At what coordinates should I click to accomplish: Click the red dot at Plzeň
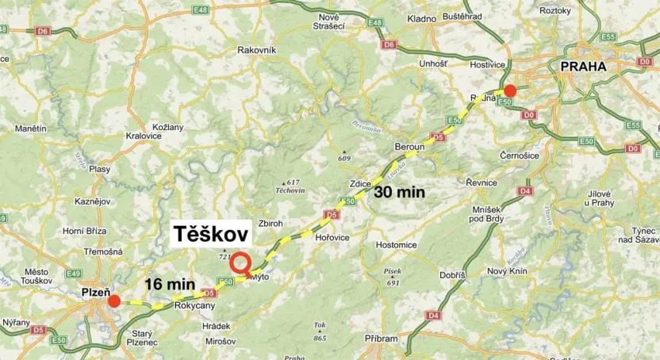[x=114, y=301]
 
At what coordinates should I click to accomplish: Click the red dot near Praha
[x=510, y=90]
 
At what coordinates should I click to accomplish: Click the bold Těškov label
[x=211, y=234]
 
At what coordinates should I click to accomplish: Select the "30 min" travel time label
[x=400, y=191]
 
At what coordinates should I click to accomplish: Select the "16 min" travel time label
[x=170, y=285]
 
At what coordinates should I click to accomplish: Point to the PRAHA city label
[x=583, y=67]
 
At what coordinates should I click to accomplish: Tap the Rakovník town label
[x=257, y=50]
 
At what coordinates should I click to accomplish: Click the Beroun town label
[x=409, y=147]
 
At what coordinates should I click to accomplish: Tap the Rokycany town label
[x=194, y=305]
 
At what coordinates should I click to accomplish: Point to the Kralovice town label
[x=143, y=136]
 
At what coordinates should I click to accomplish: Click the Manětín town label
[x=31, y=128]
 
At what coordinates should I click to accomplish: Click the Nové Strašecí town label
[x=328, y=21]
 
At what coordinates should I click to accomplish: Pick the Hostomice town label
[x=397, y=245]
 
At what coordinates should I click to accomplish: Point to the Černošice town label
[x=520, y=155]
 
